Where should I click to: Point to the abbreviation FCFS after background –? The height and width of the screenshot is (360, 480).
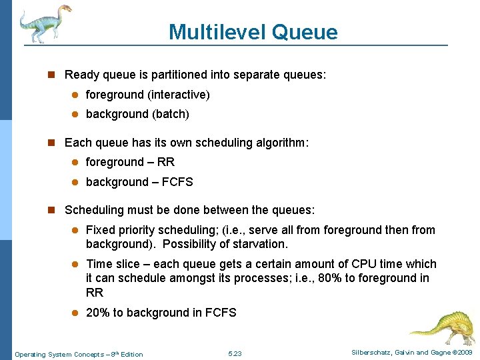click(177, 182)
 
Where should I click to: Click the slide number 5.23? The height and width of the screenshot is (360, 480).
click(235, 353)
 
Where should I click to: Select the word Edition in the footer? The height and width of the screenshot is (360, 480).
click(131, 354)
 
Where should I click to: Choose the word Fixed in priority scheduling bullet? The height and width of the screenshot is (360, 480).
click(100, 230)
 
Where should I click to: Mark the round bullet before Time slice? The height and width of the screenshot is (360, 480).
click(75, 264)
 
